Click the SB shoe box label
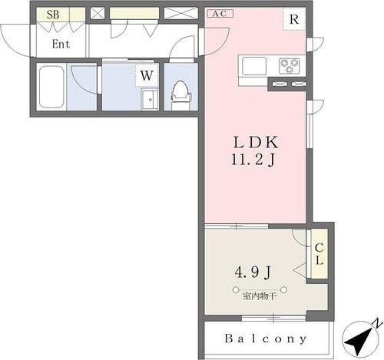pos(53,15)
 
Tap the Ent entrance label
pos(61,44)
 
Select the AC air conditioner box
pos(220,13)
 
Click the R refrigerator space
pos(294,19)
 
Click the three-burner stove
pos(290,66)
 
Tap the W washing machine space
pos(147,75)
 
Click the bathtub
pos(51,87)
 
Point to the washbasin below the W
pos(150,100)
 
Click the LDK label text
pos(256,143)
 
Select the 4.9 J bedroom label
pos(253,272)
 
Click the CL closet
pos(319,254)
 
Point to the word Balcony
pos(266,339)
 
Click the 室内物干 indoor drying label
pos(260,297)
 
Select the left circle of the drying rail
pos(236,290)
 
